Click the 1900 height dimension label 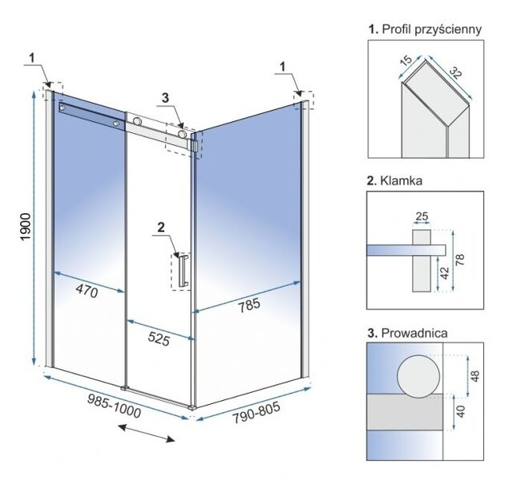pyautogui.click(x=25, y=226)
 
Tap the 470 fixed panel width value pyautogui.click(x=87, y=292)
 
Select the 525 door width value pyautogui.click(x=159, y=339)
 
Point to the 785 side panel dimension pyautogui.click(x=249, y=305)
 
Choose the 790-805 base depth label pyautogui.click(x=257, y=413)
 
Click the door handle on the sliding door pyautogui.click(x=183, y=270)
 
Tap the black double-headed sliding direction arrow pyautogui.click(x=146, y=434)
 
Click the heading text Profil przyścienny pyautogui.click(x=431, y=30)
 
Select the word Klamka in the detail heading pyautogui.click(x=401, y=180)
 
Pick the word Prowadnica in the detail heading pyautogui.click(x=414, y=333)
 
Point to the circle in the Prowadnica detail pyautogui.click(x=418, y=376)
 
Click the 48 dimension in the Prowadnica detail pyautogui.click(x=475, y=376)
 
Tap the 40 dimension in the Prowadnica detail pyautogui.click(x=461, y=411)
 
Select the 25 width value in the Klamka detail pyautogui.click(x=422, y=216)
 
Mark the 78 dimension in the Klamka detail pyautogui.click(x=461, y=260)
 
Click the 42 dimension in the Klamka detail pyautogui.click(x=445, y=273)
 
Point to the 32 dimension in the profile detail pyautogui.click(x=456, y=73)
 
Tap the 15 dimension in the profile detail pyautogui.click(x=406, y=61)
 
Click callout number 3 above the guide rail pyautogui.click(x=165, y=98)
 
